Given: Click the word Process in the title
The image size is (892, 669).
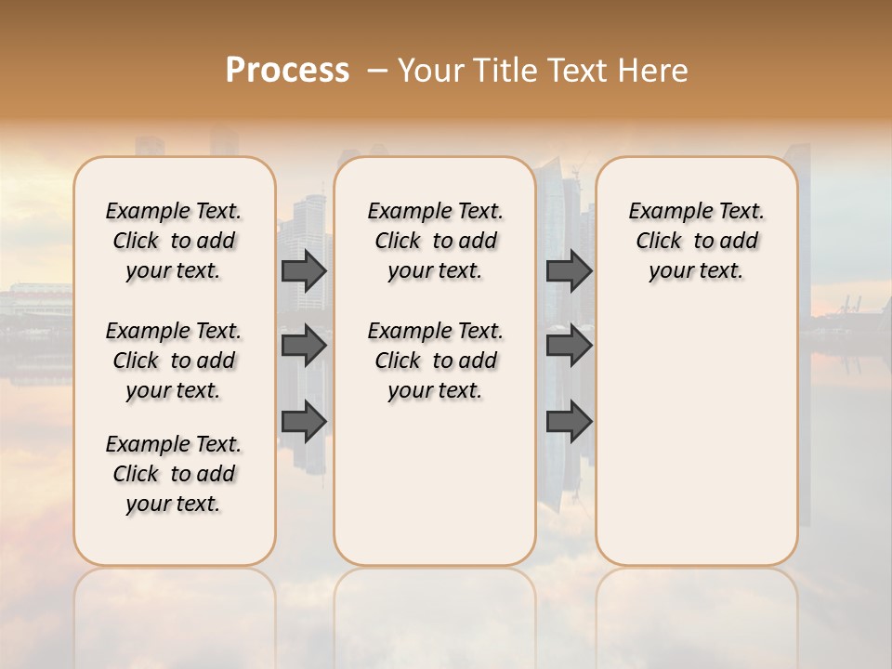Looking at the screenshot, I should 287,71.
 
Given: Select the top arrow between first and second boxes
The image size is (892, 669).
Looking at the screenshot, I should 304,270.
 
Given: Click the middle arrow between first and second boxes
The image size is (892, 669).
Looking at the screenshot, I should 304,346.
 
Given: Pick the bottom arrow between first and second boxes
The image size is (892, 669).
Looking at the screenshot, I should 304,422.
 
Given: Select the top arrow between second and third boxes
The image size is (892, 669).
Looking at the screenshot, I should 569,270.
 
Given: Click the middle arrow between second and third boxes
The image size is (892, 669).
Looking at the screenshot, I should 569,346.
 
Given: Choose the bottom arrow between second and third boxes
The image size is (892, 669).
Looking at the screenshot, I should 569,422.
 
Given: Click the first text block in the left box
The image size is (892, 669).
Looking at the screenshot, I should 174,241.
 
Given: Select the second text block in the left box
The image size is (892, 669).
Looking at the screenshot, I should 174,361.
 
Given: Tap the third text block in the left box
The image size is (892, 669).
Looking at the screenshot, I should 174,474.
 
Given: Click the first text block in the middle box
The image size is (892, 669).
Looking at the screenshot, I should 435,241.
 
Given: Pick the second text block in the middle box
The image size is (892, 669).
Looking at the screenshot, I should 435,361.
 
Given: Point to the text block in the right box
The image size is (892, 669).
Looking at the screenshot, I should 696,241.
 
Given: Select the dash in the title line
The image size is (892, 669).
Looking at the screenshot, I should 378,71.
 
